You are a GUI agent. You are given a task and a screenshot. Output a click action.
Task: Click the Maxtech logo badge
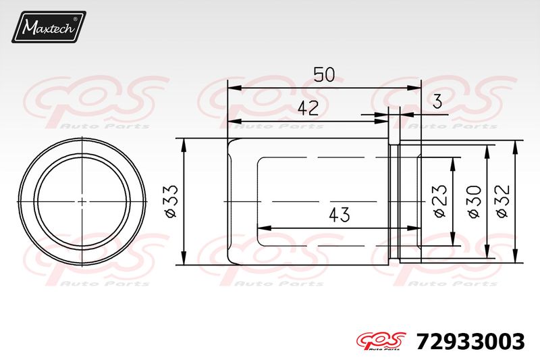(x=49, y=27)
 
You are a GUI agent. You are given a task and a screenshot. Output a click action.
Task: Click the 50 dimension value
(x=324, y=74)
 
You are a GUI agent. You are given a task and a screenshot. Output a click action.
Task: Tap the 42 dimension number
(x=308, y=108)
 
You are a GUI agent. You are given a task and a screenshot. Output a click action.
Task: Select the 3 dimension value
(x=437, y=101)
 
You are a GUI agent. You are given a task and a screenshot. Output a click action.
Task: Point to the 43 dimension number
(x=340, y=215)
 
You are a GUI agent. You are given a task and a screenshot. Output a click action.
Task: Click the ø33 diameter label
(x=171, y=202)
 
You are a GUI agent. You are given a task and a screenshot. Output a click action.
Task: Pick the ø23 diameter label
(x=440, y=202)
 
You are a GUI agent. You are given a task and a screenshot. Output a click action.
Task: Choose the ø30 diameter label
(x=475, y=202)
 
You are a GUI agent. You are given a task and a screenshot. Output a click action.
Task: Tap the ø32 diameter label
(x=502, y=202)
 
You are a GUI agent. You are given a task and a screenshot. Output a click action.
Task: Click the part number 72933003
(x=470, y=342)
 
